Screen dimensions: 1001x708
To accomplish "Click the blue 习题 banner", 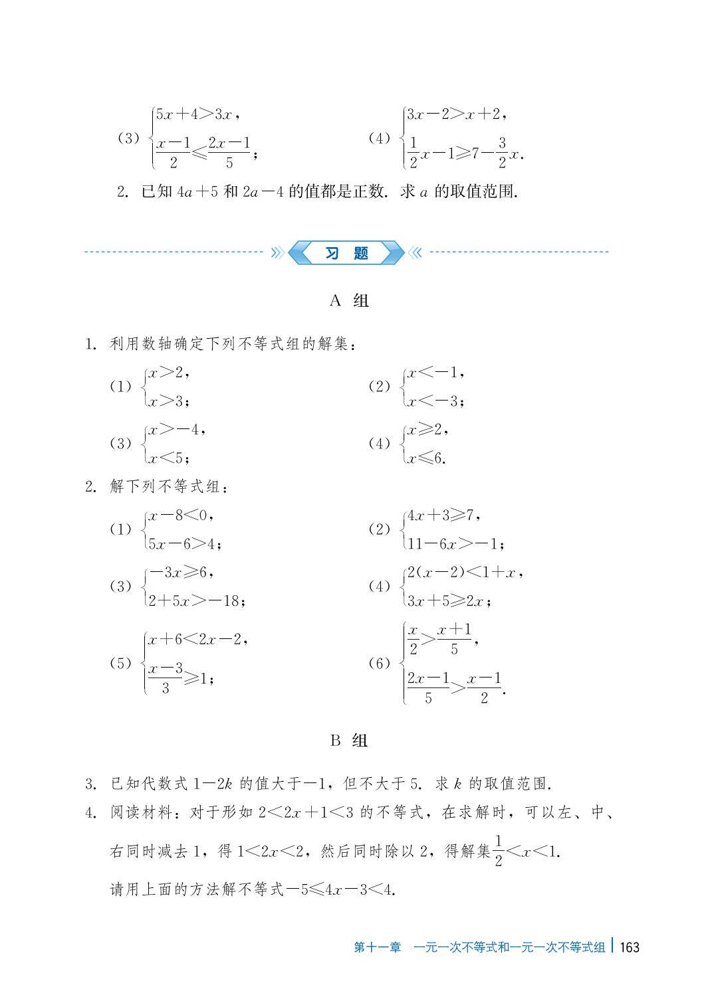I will (346, 253).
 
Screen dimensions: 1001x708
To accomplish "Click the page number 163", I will (629, 947).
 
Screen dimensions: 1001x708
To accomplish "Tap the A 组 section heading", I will (348, 301).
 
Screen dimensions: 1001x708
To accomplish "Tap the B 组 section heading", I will (348, 741).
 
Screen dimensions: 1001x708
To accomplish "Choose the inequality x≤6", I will (425, 458).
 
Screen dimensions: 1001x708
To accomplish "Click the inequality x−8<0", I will (179, 515).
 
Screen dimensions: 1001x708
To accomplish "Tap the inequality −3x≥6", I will (179, 572).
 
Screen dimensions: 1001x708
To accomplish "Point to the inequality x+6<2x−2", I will (196, 640).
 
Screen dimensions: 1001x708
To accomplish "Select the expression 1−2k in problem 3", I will (211, 784).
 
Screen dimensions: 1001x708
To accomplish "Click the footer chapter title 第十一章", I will (377, 947).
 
